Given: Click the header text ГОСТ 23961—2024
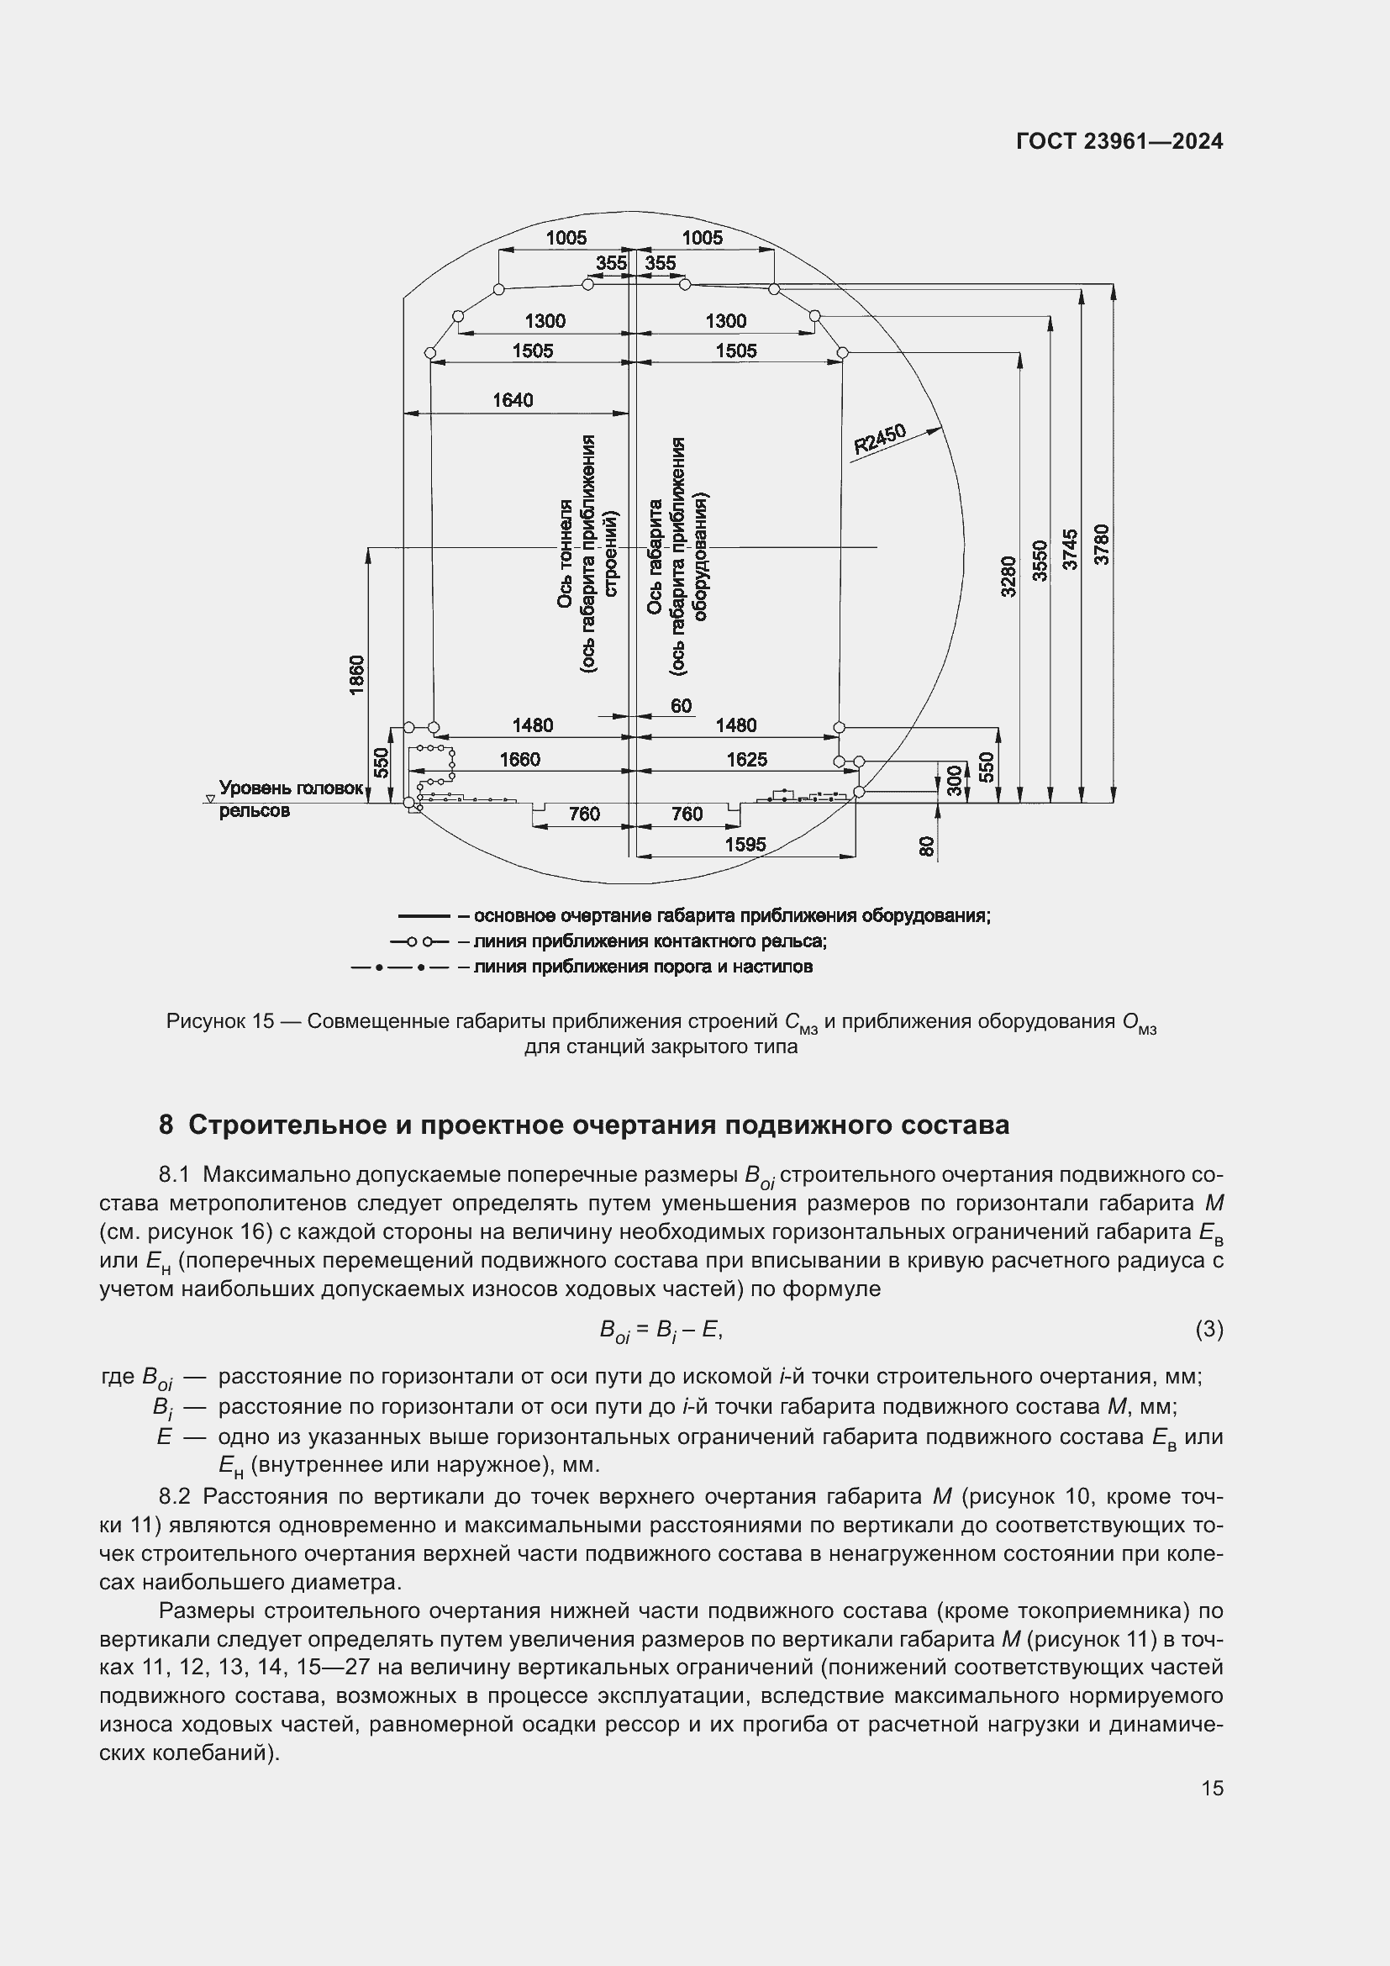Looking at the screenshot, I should point(1119,141).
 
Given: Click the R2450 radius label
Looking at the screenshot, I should point(880,440).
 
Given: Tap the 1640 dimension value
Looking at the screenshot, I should point(512,400).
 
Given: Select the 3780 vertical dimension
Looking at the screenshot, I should point(1103,544).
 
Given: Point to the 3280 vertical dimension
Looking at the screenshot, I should point(1008,577).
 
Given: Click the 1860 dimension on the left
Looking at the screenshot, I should point(357,675).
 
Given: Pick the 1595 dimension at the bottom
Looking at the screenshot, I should point(745,844).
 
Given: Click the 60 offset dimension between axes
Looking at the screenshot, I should point(681,705).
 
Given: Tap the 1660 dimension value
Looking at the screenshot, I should point(520,760).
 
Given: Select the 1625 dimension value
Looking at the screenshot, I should point(746,760).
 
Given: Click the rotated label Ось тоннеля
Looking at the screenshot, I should point(565,555).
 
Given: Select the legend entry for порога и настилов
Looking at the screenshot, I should point(642,967).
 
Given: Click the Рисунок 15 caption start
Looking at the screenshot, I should point(220,1021).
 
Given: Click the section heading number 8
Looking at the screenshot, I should point(166,1125).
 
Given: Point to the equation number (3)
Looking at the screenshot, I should point(1208,1329).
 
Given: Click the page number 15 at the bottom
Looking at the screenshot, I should point(1212,1788).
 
